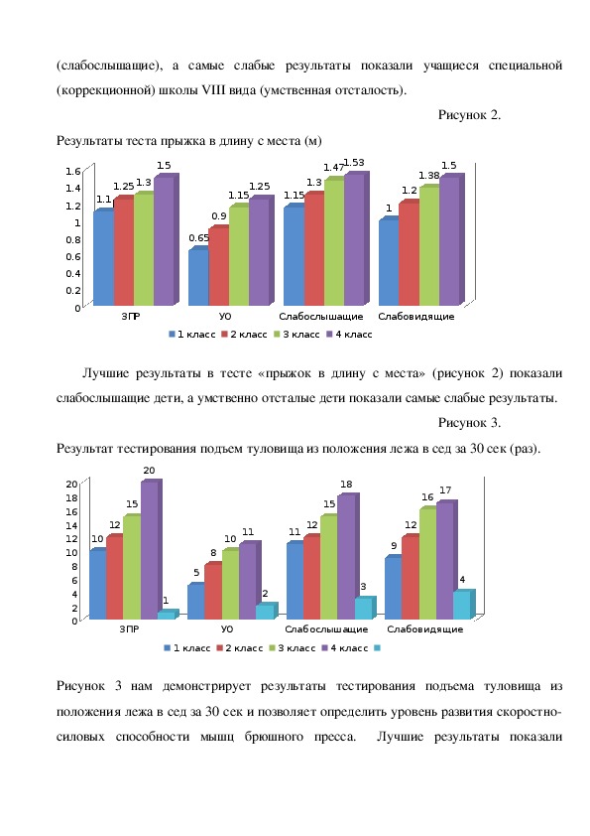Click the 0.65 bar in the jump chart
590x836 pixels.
click(198, 276)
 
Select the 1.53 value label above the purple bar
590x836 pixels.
click(354, 163)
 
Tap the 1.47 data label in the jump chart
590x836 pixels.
click(334, 168)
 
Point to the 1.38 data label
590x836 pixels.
click(429, 176)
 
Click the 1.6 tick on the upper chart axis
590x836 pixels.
click(73, 171)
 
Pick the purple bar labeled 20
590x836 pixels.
click(150, 549)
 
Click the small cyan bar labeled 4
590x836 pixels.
click(463, 604)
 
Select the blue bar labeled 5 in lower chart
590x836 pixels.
click(196, 601)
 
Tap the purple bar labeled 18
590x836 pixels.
click(348, 556)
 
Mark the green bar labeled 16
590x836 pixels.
click(428, 563)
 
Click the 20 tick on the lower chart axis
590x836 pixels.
click(71, 485)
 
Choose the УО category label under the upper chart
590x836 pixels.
click(226, 316)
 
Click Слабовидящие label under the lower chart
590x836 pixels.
click(425, 629)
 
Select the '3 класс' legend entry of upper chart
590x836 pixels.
click(296, 335)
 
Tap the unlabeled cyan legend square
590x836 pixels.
click(378, 648)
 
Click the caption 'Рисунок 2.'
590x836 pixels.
click(469, 114)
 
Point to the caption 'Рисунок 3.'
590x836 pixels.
click(469, 423)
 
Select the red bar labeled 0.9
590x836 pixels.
click(219, 265)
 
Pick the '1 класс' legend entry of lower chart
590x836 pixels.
click(187, 648)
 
